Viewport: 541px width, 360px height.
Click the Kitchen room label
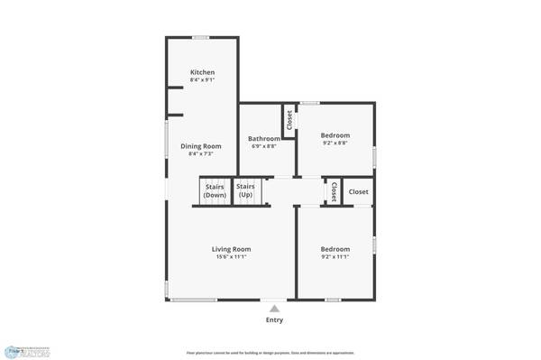[202, 72]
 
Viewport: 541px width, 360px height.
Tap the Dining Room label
[201, 146]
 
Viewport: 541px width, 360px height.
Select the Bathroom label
[264, 138]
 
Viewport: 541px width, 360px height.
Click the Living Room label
[231, 249]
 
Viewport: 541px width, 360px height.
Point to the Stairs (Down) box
[215, 191]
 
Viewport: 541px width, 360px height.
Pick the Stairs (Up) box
[245, 191]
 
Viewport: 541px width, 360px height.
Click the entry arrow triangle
[274, 309]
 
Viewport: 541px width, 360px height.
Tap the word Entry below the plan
[274, 320]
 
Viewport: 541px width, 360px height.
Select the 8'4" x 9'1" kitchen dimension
[202, 80]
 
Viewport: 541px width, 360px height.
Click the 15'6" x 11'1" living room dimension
[231, 257]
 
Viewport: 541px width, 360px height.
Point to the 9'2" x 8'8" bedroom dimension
[335, 143]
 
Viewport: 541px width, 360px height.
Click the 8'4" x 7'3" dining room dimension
[201, 154]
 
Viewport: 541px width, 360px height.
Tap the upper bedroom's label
[335, 134]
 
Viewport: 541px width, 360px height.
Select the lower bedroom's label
[335, 249]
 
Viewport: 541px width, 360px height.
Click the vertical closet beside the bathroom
[289, 121]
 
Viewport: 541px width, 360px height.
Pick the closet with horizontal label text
[358, 191]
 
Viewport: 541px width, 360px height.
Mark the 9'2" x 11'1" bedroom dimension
[335, 257]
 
